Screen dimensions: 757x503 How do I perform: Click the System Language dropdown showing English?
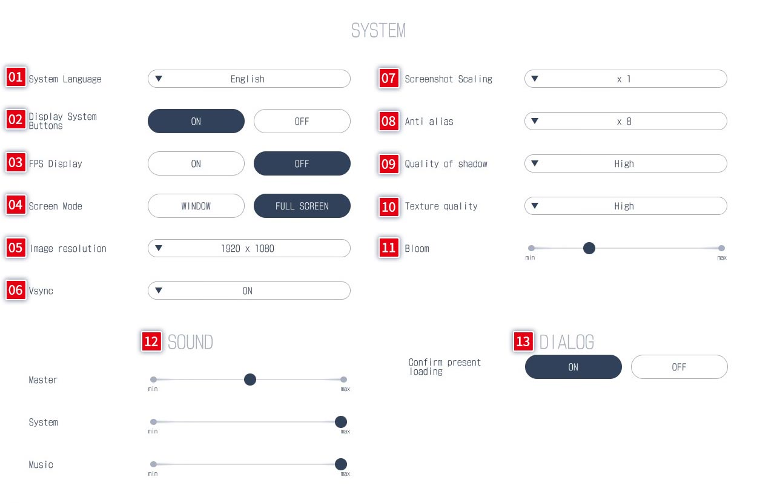pyautogui.click(x=249, y=79)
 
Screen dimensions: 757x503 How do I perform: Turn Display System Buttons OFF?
pyautogui.click(x=302, y=121)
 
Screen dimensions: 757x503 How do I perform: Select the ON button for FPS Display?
pyautogui.click(x=196, y=163)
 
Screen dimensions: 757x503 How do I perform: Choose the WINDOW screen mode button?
pyautogui.click(x=196, y=206)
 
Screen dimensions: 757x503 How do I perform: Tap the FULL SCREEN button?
pyautogui.click(x=302, y=206)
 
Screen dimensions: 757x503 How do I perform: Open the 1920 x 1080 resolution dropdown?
pyautogui.click(x=249, y=248)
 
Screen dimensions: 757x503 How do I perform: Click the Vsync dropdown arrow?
pyautogui.click(x=159, y=290)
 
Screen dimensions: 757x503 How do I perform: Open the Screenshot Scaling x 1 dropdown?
pyautogui.click(x=626, y=79)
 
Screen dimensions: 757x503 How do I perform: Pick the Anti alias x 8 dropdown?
pyautogui.click(x=626, y=121)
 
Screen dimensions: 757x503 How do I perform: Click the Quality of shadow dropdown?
pyautogui.click(x=626, y=163)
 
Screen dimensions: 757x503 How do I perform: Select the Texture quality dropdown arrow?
pyautogui.click(x=535, y=205)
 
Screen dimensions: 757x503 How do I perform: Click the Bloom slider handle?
pyautogui.click(x=589, y=248)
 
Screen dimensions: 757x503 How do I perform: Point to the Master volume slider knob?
pyautogui.click(x=250, y=380)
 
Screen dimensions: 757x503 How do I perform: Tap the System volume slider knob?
pyautogui.click(x=340, y=421)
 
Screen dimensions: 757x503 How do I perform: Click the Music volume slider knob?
pyautogui.click(x=340, y=464)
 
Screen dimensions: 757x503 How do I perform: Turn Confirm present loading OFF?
pyautogui.click(x=679, y=367)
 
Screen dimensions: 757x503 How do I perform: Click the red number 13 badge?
pyautogui.click(x=523, y=341)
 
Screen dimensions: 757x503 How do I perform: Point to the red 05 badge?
pyautogui.click(x=16, y=248)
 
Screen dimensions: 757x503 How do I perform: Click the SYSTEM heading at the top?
pyautogui.click(x=378, y=30)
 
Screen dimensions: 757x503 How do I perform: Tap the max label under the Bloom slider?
pyautogui.click(x=722, y=258)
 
